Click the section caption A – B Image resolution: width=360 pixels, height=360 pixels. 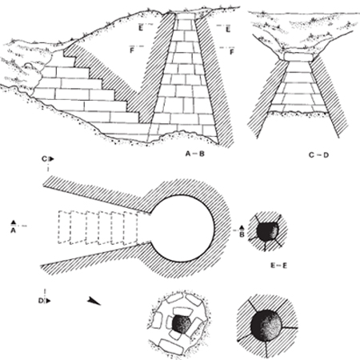pyautogui.click(x=195, y=154)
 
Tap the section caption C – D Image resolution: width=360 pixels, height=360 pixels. pyautogui.click(x=318, y=154)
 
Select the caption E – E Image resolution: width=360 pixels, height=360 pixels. pyautogui.click(x=278, y=266)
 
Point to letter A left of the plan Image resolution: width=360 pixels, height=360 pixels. pyautogui.click(x=13, y=230)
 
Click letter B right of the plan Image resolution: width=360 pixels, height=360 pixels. pyautogui.click(x=242, y=234)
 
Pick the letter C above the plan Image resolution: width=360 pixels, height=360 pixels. pyautogui.click(x=44, y=159)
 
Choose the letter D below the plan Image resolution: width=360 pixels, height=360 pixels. pyautogui.click(x=41, y=301)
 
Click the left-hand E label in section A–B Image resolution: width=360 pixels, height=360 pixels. pyautogui.click(x=141, y=28)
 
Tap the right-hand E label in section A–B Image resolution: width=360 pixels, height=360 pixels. pyautogui.click(x=228, y=30)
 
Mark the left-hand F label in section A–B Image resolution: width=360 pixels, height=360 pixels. pyautogui.click(x=132, y=50)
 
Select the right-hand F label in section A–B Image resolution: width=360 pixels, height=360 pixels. pyautogui.click(x=232, y=52)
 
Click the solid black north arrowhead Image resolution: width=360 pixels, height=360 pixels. pyautogui.click(x=94, y=301)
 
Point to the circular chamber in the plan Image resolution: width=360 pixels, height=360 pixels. pyautogui.click(x=182, y=229)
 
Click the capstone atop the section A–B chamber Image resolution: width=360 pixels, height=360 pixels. pyautogui.click(x=186, y=16)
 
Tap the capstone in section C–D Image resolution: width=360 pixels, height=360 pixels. pyautogui.click(x=298, y=57)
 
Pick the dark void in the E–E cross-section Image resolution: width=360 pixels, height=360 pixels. pyautogui.click(x=267, y=232)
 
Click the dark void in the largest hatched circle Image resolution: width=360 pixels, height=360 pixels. pyautogui.click(x=266, y=325)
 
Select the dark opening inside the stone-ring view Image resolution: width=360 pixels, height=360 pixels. pyautogui.click(x=182, y=324)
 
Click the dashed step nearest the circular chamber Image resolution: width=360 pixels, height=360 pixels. pyautogui.click(x=130, y=228)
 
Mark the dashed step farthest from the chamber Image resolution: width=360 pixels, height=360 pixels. pyautogui.click(x=65, y=227)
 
